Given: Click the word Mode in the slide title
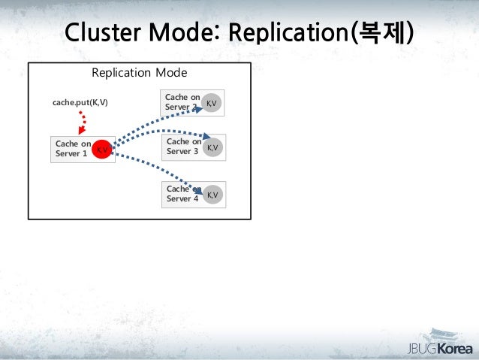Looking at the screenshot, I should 186,33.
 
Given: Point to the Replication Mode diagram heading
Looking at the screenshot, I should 139,73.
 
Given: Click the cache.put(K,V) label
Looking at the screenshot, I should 80,101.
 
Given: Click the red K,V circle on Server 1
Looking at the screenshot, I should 103,150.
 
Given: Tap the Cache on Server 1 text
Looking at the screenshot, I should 73,150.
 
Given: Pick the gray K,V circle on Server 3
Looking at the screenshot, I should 212,148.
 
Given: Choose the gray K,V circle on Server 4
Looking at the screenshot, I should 212,195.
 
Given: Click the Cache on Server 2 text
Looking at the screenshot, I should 182,102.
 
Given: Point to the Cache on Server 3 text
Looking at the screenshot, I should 183,147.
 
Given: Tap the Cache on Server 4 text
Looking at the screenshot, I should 183,194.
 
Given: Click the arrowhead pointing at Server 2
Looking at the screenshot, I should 197,108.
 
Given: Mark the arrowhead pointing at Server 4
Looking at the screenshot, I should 198,192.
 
